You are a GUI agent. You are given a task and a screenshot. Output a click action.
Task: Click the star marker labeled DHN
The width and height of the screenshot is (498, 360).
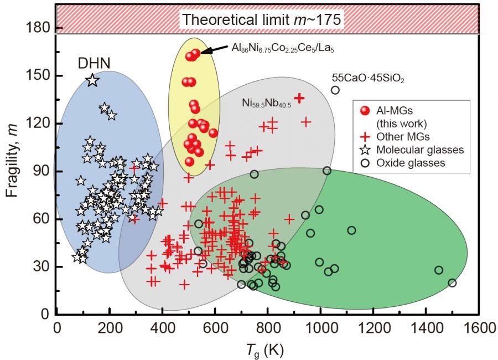(92, 80)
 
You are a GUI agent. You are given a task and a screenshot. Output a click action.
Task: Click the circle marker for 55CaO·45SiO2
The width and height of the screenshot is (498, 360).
(335, 90)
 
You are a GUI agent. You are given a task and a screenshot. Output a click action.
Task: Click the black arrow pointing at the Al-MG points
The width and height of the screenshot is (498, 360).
(214, 50)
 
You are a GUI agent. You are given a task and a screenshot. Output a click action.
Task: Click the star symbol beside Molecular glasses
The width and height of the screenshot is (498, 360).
(364, 150)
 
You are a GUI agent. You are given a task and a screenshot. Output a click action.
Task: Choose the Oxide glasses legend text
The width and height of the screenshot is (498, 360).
(411, 163)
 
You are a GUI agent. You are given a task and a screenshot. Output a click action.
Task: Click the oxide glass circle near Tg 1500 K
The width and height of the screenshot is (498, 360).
(452, 283)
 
